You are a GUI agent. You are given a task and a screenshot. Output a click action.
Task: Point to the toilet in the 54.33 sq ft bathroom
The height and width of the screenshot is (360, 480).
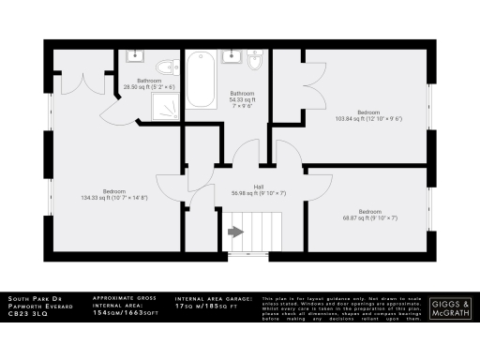[253, 62]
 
